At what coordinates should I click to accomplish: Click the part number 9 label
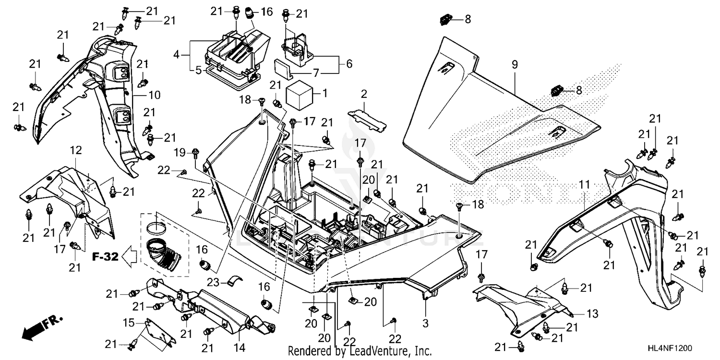click(x=515, y=64)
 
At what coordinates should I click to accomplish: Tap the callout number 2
click(x=364, y=93)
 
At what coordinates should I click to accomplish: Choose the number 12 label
click(x=76, y=150)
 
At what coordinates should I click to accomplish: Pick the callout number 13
click(x=592, y=314)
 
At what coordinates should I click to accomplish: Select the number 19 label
click(x=179, y=153)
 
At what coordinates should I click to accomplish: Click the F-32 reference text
click(x=105, y=257)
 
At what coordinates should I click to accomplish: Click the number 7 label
click(x=315, y=74)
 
